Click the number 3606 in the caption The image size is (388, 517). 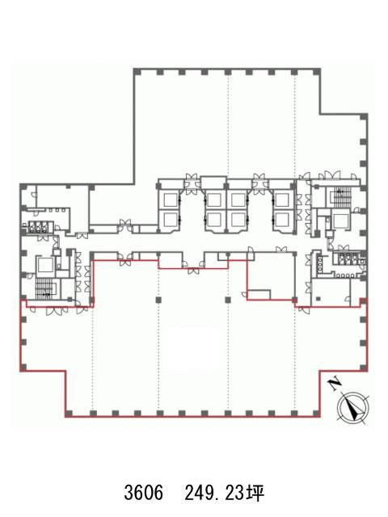(x=144, y=493)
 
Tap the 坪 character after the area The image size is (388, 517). (x=255, y=493)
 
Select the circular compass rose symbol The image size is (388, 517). (x=353, y=408)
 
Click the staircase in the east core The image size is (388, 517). (x=343, y=195)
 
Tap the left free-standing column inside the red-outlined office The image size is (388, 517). (x=158, y=300)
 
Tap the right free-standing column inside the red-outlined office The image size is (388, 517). (x=228, y=300)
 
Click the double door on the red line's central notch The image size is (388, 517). (x=192, y=271)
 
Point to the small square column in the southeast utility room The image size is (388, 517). (x=318, y=299)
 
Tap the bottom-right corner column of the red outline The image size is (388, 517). (x=317, y=414)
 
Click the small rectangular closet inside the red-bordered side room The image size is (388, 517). (x=259, y=294)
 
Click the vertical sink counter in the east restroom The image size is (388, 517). (x=319, y=264)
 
